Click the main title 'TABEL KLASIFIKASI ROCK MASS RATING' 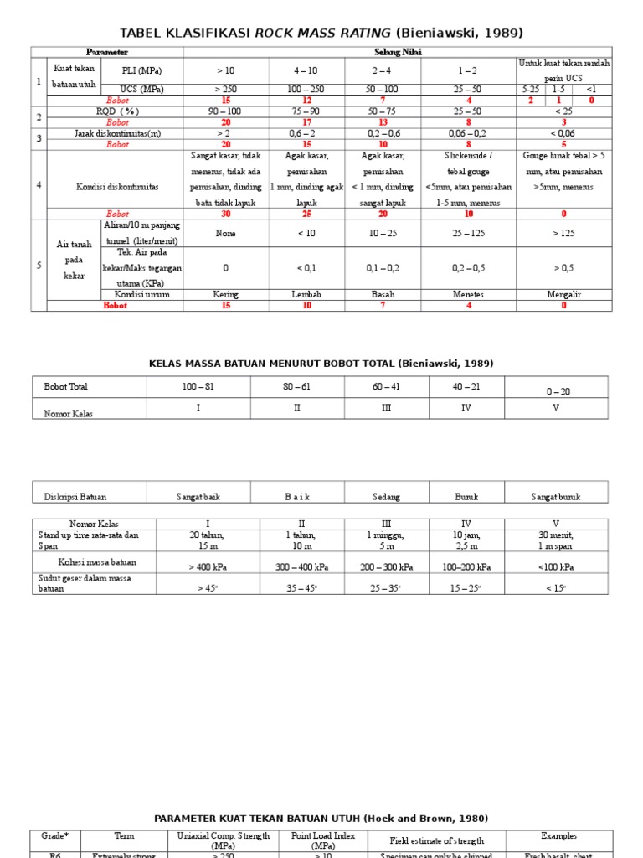click(321, 33)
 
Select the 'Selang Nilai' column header click(398, 52)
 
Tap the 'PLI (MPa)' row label click(141, 70)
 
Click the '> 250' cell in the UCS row click(225, 89)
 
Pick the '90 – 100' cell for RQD click(225, 111)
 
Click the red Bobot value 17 click(306, 121)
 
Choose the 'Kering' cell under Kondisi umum click(225, 295)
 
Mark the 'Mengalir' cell click(563, 295)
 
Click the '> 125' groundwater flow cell click(563, 233)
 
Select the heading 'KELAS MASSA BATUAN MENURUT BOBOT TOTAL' click(321, 364)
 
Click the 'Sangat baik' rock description click(198, 497)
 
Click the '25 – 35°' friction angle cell click(386, 588)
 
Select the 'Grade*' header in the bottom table click(54, 836)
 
